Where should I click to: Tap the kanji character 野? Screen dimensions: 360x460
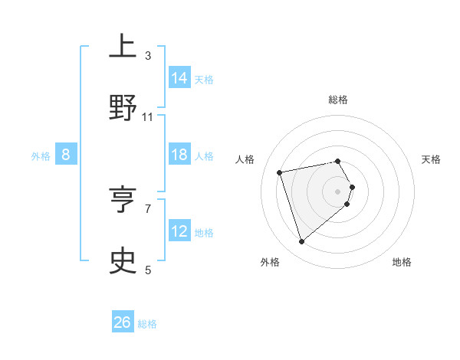point(123,107)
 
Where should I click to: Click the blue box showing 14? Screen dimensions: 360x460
point(179,78)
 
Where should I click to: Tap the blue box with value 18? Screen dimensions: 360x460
point(179,155)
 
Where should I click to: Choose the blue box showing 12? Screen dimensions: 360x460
point(179,231)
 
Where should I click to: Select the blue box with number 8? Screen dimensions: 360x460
point(65,155)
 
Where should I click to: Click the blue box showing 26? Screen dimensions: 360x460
point(123,322)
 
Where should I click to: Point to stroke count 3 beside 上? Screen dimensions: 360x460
point(148,55)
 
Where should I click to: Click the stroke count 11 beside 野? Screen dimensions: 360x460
point(148,116)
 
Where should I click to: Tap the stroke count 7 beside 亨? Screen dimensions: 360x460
point(148,208)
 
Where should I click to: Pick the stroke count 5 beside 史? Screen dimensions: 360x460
point(148,270)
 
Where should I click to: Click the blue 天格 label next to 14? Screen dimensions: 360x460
point(204,79)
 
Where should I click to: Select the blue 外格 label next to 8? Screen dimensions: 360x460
point(41,155)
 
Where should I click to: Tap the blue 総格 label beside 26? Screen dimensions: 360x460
point(147,323)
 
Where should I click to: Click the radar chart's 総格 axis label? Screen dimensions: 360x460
point(338,100)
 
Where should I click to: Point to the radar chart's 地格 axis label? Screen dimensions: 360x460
point(402,262)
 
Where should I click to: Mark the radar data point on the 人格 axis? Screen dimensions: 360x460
point(280,172)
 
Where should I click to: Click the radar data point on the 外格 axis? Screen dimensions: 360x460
point(301,241)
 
